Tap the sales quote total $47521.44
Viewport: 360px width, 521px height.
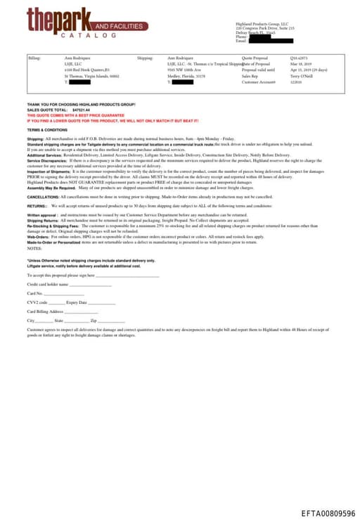point(82,110)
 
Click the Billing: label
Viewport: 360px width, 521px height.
point(34,58)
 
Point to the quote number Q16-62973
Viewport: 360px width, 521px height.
point(299,58)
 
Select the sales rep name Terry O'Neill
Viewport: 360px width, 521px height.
point(302,76)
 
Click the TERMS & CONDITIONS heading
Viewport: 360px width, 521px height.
point(47,130)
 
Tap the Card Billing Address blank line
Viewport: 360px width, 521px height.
point(81,311)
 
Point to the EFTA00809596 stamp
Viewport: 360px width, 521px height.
point(328,514)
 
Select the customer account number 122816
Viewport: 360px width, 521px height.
point(296,82)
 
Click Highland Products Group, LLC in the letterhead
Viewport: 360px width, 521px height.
point(262,23)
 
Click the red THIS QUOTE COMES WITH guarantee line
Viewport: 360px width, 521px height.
point(75,115)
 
